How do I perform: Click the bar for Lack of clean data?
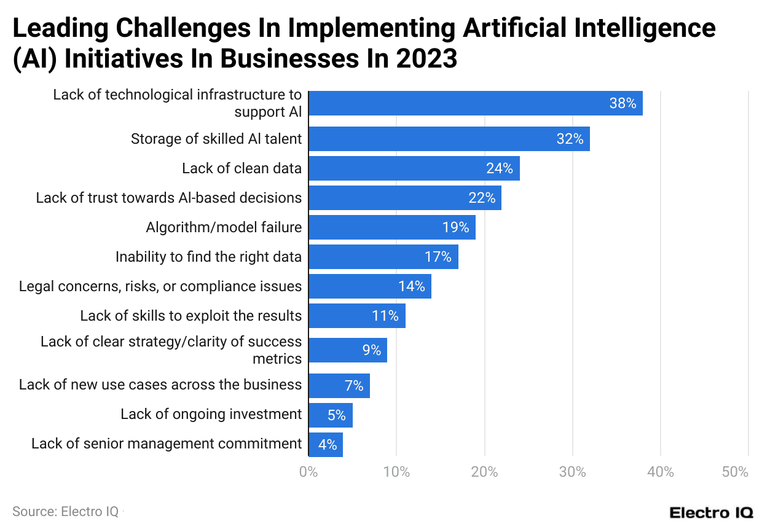414,168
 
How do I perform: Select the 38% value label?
623,103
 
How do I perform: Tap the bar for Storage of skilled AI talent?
449,139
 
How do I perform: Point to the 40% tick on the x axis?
661,472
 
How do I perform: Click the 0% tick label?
308,472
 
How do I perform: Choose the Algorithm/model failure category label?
224,227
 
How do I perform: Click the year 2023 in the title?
426,58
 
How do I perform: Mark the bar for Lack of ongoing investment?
330,415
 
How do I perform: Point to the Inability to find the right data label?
208,257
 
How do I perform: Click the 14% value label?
411,286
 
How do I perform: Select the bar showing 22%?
404,198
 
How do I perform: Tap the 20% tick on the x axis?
484,472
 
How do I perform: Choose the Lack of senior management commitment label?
167,444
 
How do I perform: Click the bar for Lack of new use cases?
339,386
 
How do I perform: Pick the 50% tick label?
735,472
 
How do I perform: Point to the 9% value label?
371,350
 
